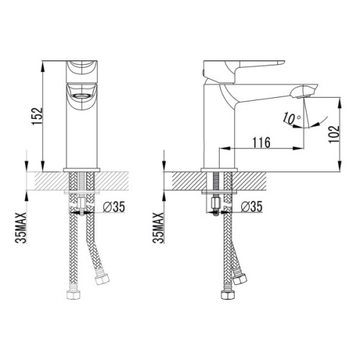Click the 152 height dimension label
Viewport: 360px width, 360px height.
[x=37, y=117]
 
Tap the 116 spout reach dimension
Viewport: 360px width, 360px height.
[x=261, y=143]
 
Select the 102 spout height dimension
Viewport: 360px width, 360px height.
[x=334, y=135]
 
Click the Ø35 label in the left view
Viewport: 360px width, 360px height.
[x=114, y=207]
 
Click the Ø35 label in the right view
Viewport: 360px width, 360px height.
[x=252, y=207]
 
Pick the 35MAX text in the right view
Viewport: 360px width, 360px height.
[x=158, y=228]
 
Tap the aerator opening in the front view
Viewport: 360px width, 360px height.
[x=81, y=96]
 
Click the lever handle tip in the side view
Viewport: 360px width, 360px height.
[x=282, y=63]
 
